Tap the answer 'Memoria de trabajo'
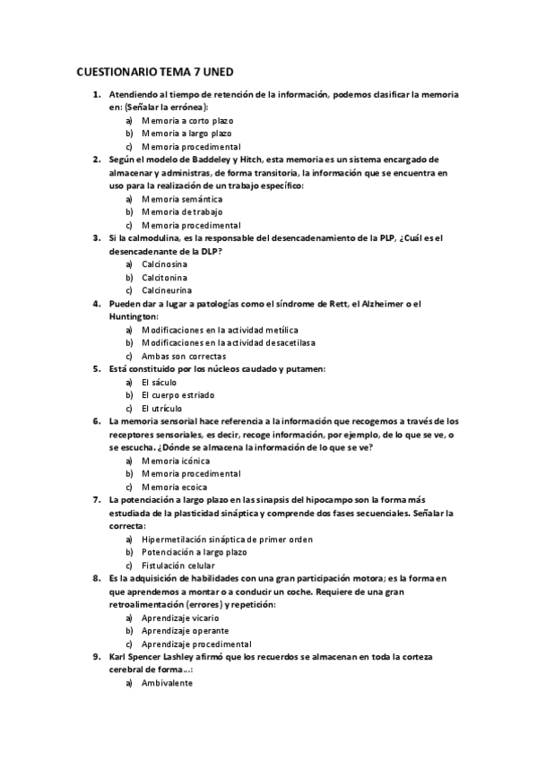[182, 212]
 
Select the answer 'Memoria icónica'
[176, 461]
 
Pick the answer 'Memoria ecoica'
[174, 487]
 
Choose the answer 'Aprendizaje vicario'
[179, 617]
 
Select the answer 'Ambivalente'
[167, 683]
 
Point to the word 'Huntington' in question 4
[132, 316]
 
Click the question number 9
[97, 657]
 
